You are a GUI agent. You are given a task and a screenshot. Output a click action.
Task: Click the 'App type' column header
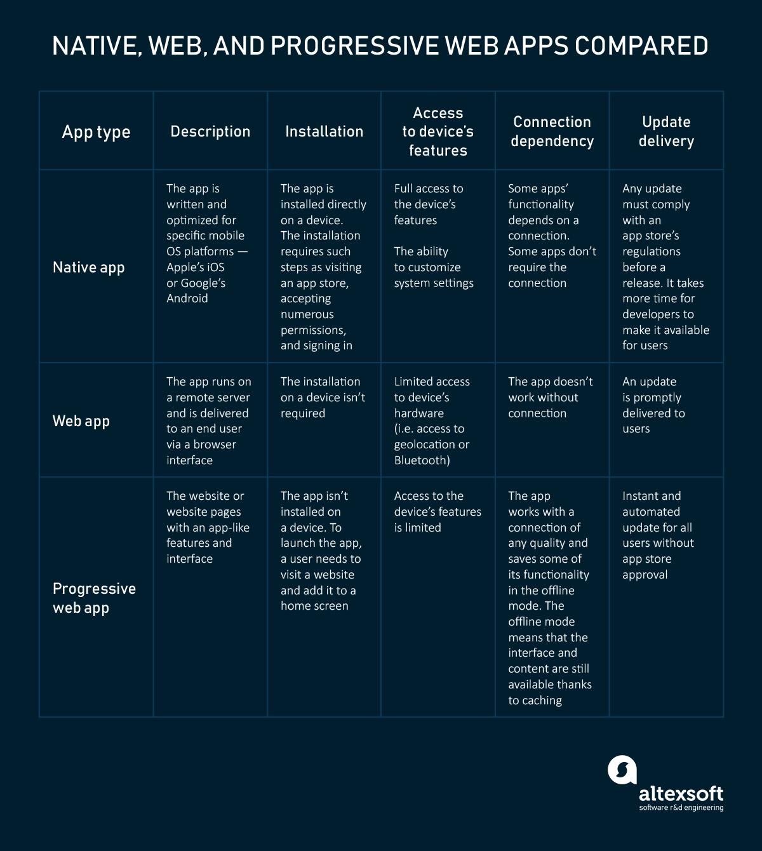(96, 131)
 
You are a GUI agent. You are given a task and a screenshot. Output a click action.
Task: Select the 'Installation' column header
(324, 131)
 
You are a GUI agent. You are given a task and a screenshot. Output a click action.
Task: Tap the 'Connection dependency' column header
(552, 131)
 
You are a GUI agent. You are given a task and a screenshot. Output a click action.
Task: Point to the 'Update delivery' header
(666, 131)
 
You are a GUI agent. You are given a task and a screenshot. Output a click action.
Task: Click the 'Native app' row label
(88, 267)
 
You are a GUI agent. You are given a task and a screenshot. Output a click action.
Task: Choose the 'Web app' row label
(81, 421)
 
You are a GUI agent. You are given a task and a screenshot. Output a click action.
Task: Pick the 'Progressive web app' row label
(94, 598)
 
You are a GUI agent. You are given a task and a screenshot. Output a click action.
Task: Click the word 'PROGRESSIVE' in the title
(354, 46)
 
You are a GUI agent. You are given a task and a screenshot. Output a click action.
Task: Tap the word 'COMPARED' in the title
(641, 46)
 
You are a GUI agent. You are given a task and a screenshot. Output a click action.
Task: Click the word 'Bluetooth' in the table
(420, 460)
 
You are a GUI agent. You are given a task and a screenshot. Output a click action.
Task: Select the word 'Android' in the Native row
(187, 298)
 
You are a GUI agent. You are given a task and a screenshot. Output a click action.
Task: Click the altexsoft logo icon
(622, 770)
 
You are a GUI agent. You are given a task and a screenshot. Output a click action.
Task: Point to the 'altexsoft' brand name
(681, 793)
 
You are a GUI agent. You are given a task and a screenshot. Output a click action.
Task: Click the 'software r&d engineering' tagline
(681, 808)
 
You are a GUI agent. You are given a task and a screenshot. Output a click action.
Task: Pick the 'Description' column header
(210, 131)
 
